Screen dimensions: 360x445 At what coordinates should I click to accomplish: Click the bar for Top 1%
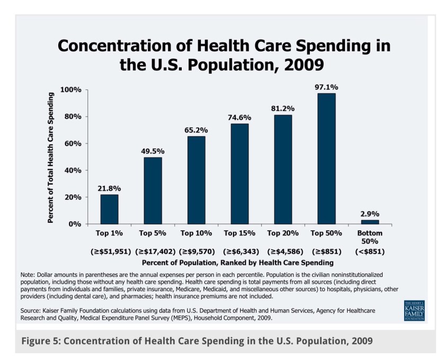(x=109, y=209)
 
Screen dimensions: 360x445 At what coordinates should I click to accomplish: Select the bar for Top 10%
(x=196, y=180)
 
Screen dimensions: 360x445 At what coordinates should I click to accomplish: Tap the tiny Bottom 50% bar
(x=370, y=222)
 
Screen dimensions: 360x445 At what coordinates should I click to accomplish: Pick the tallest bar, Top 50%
(x=326, y=159)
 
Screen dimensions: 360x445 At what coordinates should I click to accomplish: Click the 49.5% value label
(x=153, y=151)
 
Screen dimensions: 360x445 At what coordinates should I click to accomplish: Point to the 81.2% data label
(x=283, y=109)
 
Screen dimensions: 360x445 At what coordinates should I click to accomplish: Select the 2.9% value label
(x=370, y=214)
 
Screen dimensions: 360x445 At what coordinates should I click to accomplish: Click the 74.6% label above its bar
(x=239, y=118)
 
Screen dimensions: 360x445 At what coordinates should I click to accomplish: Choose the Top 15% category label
(x=239, y=233)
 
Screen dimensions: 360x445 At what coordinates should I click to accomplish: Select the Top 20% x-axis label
(x=283, y=233)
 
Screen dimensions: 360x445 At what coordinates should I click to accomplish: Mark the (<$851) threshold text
(x=370, y=251)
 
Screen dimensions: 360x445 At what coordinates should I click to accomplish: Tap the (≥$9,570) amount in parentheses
(x=197, y=251)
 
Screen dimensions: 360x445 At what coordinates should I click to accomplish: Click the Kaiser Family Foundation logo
(x=414, y=310)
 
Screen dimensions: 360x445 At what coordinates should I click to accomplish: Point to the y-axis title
(x=51, y=157)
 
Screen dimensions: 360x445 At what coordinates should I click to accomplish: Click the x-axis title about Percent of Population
(x=237, y=262)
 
